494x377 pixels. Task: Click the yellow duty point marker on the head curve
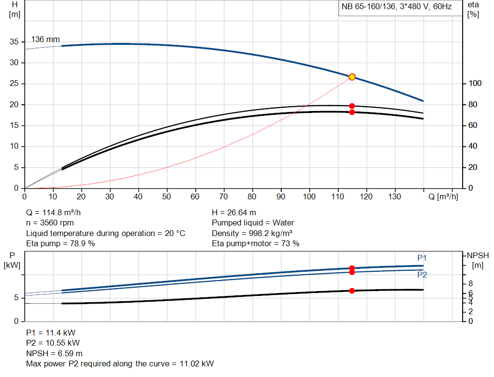pyautogui.click(x=352, y=77)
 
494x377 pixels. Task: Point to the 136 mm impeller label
pyautogui.click(x=45, y=39)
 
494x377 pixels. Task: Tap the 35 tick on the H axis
pyautogui.click(x=15, y=42)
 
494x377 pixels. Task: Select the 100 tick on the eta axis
pyautogui.click(x=475, y=84)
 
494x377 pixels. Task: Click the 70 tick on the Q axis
pyautogui.click(x=223, y=197)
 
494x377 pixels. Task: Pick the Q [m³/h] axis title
pyautogui.click(x=443, y=197)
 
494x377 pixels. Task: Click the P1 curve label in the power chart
pyautogui.click(x=422, y=258)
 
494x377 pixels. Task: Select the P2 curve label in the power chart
pyautogui.click(x=422, y=275)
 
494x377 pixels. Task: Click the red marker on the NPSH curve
pyautogui.click(x=352, y=291)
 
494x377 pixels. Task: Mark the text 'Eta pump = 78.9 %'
pyautogui.click(x=60, y=244)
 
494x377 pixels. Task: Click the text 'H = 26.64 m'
pyautogui.click(x=234, y=212)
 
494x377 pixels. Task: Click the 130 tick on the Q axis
pyautogui.click(x=395, y=197)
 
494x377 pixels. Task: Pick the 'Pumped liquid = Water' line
pyautogui.click(x=253, y=223)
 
